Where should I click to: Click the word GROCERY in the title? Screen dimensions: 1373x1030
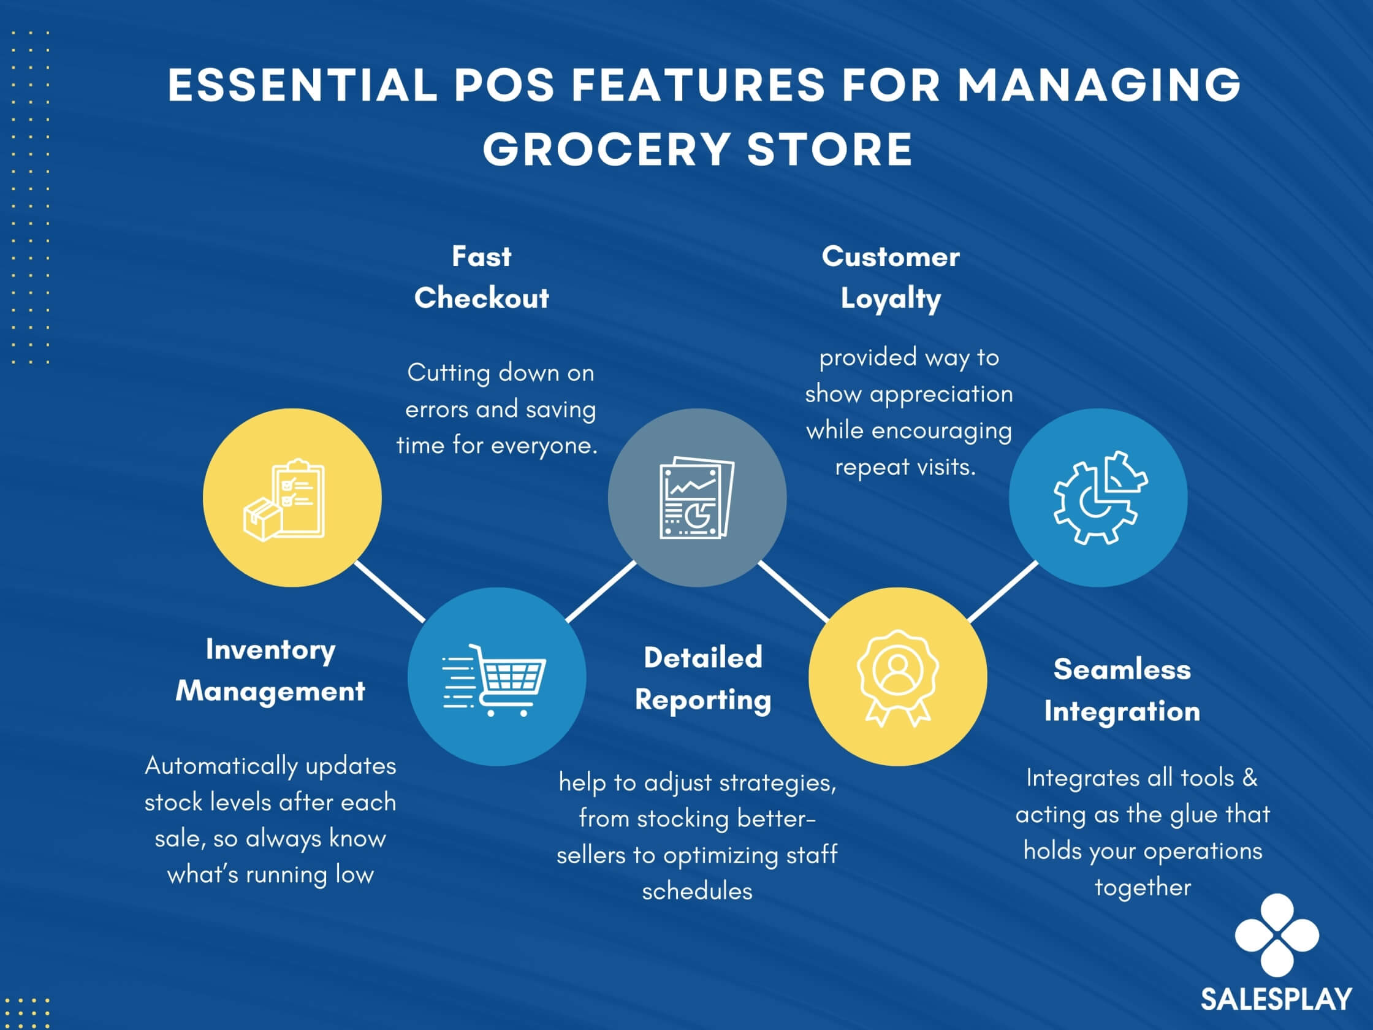coord(606,150)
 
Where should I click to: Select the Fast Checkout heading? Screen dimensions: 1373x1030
coord(482,277)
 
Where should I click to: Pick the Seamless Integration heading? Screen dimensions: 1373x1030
coord(1122,690)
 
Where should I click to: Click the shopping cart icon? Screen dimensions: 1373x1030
coord(494,679)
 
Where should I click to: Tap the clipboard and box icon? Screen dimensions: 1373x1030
coord(284,500)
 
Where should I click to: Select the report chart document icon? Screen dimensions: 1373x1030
coord(696,498)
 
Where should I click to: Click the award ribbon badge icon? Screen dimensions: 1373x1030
coord(897,678)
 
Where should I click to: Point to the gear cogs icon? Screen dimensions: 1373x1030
coord(1100,498)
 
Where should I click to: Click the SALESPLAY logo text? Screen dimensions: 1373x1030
coord(1276,999)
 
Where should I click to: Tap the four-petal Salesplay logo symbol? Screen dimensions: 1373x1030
coord(1277,935)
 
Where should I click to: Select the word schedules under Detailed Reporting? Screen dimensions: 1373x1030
coord(697,891)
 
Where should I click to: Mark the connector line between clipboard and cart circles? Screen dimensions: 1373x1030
coord(389,591)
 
